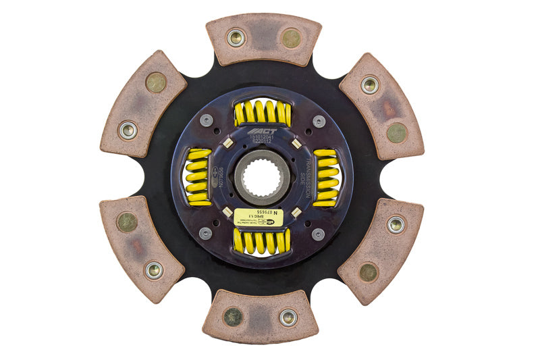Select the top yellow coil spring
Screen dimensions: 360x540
click(x=263, y=113)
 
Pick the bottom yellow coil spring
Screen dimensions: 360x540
click(x=262, y=241)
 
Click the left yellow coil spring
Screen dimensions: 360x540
click(x=198, y=177)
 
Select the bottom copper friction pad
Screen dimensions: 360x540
click(x=261, y=315)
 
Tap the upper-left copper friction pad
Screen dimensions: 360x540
click(x=143, y=103)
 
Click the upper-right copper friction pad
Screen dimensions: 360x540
click(x=381, y=106)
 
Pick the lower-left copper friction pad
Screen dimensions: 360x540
click(x=142, y=248)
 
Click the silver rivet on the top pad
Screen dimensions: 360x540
click(x=236, y=37)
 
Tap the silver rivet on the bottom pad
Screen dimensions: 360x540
click(x=288, y=316)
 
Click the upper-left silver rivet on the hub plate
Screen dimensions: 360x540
click(x=206, y=120)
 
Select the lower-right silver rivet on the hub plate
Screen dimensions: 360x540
click(x=318, y=234)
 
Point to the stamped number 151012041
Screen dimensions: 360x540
click(x=261, y=137)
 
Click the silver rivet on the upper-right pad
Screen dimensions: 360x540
click(x=369, y=85)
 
